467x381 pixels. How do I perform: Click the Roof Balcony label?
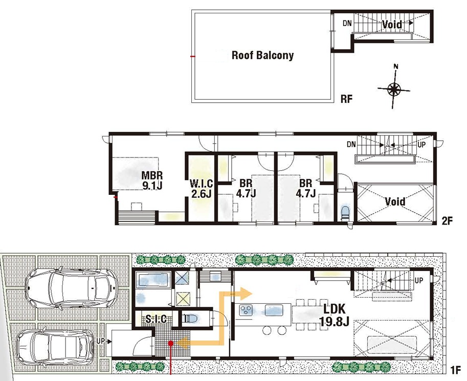(262, 55)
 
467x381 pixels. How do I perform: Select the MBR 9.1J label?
(152, 180)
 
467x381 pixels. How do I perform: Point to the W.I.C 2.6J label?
(202, 189)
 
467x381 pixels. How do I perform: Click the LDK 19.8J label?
(334, 316)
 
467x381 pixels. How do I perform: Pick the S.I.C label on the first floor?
(156, 319)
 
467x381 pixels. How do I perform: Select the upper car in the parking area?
(72, 288)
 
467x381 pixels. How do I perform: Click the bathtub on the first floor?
(153, 280)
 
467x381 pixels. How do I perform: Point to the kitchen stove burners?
(247, 310)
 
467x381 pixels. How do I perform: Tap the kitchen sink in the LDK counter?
(274, 310)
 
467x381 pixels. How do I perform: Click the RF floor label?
(346, 99)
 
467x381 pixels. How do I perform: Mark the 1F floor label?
(455, 370)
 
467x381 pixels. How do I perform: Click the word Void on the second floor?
(395, 201)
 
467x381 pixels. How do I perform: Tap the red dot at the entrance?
(171, 344)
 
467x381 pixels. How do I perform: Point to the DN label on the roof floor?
(347, 23)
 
